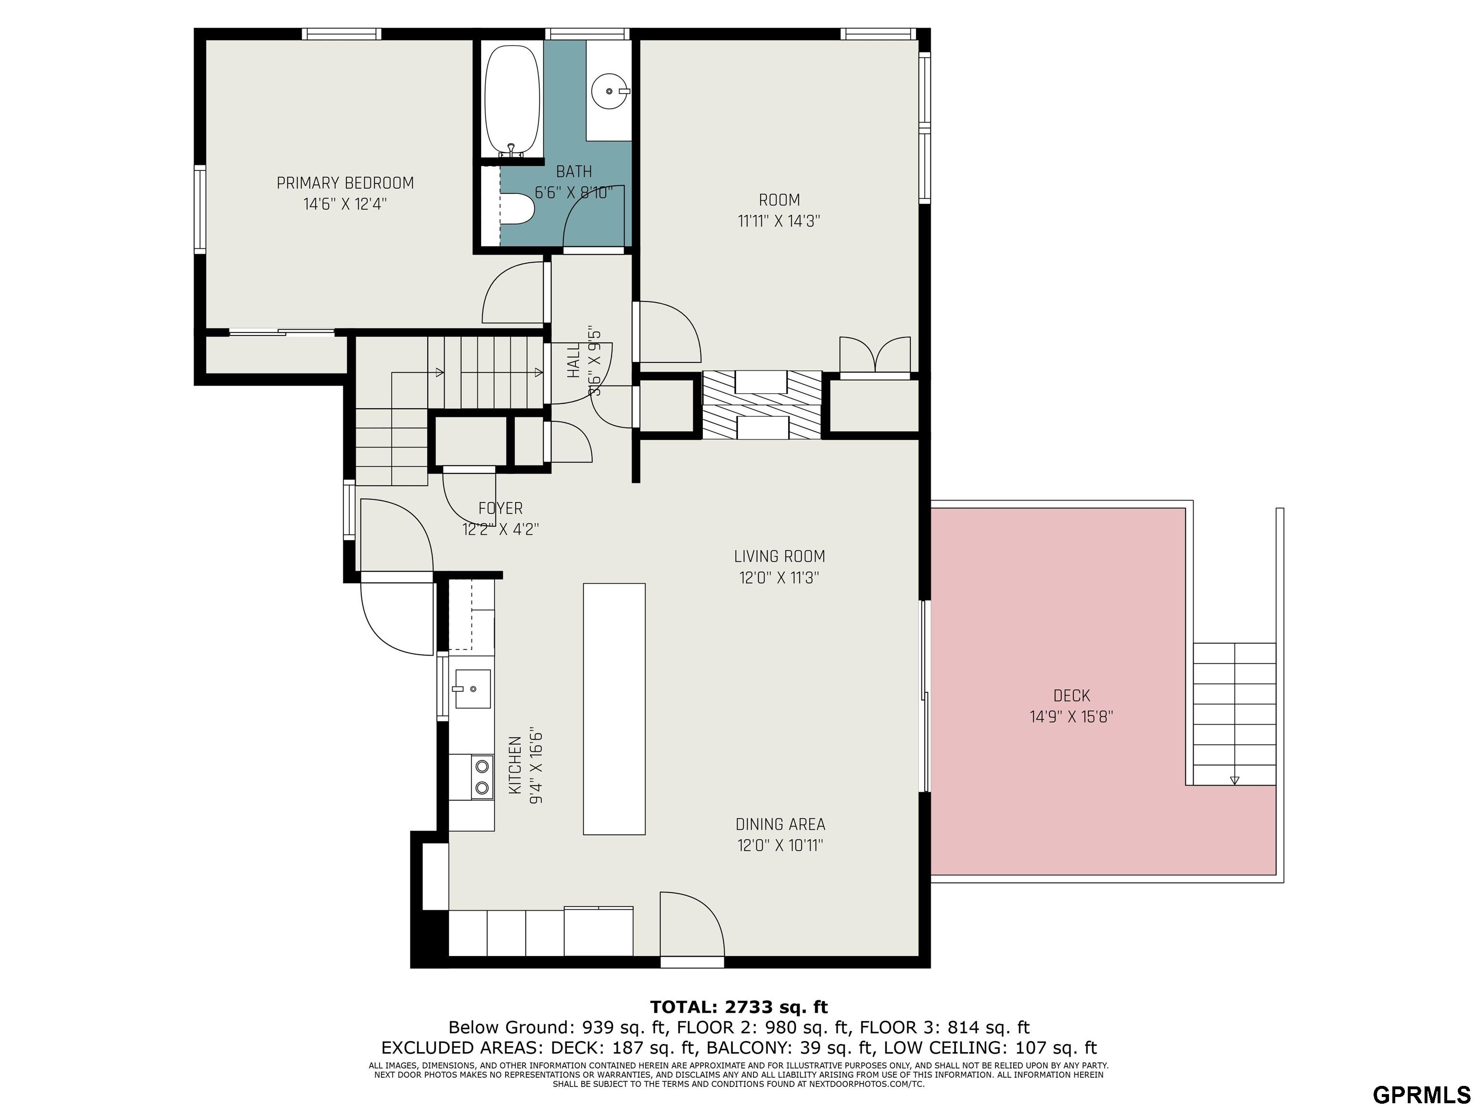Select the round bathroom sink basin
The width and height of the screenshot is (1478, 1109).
610,90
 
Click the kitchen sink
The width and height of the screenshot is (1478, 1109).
472,688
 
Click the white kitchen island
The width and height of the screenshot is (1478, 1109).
614,709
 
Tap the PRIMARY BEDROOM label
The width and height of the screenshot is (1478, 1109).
345,182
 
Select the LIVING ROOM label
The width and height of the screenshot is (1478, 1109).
779,556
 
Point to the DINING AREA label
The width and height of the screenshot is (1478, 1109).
780,824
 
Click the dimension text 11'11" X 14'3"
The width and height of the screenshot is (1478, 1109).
779,220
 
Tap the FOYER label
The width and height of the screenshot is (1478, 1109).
500,508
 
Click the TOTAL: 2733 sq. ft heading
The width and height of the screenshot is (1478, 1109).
739,1007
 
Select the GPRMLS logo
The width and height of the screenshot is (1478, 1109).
1421,1094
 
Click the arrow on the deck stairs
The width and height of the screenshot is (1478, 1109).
1235,779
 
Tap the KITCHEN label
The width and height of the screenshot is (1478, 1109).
514,765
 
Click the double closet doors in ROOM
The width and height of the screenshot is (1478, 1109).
875,354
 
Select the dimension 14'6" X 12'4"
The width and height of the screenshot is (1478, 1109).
345,204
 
